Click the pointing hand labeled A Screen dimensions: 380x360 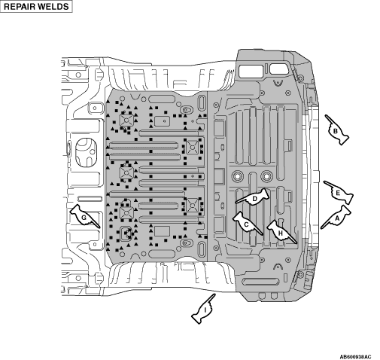(x=337, y=218)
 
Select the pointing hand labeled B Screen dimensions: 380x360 (x=336, y=130)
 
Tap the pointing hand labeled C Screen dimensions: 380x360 (x=247, y=224)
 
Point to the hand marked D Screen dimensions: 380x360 (x=254, y=197)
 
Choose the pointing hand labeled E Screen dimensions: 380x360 (x=339, y=193)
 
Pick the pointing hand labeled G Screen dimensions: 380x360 (x=84, y=216)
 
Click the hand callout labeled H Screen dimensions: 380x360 (x=281, y=231)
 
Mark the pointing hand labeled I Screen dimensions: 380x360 (x=204, y=310)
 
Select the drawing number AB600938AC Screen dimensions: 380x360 (x=355, y=357)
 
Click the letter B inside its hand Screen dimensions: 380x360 (x=336, y=131)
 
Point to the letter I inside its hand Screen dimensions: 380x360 (x=205, y=310)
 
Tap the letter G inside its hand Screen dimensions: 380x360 (x=84, y=218)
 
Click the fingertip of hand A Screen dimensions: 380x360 (x=321, y=229)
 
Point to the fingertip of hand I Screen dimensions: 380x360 (x=215, y=294)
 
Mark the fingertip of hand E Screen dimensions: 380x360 (x=324, y=182)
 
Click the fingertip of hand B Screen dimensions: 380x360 (x=325, y=115)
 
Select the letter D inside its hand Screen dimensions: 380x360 (x=255, y=199)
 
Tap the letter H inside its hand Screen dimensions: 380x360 (x=281, y=233)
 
